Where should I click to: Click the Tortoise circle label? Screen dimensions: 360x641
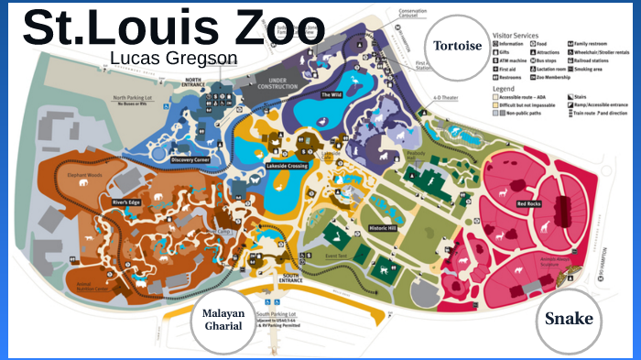tap(458, 47)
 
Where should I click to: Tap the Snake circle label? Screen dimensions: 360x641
tap(568, 319)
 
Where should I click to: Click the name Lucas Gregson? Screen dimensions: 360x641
tap(173, 58)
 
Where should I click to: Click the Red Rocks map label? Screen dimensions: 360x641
tap(528, 203)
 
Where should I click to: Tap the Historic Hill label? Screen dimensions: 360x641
tap(382, 227)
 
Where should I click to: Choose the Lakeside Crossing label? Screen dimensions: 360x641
tap(287, 166)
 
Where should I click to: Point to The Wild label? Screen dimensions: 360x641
tap(330, 94)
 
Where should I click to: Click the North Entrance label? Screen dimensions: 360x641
tap(192, 82)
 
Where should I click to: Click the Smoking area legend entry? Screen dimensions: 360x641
tap(589, 68)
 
